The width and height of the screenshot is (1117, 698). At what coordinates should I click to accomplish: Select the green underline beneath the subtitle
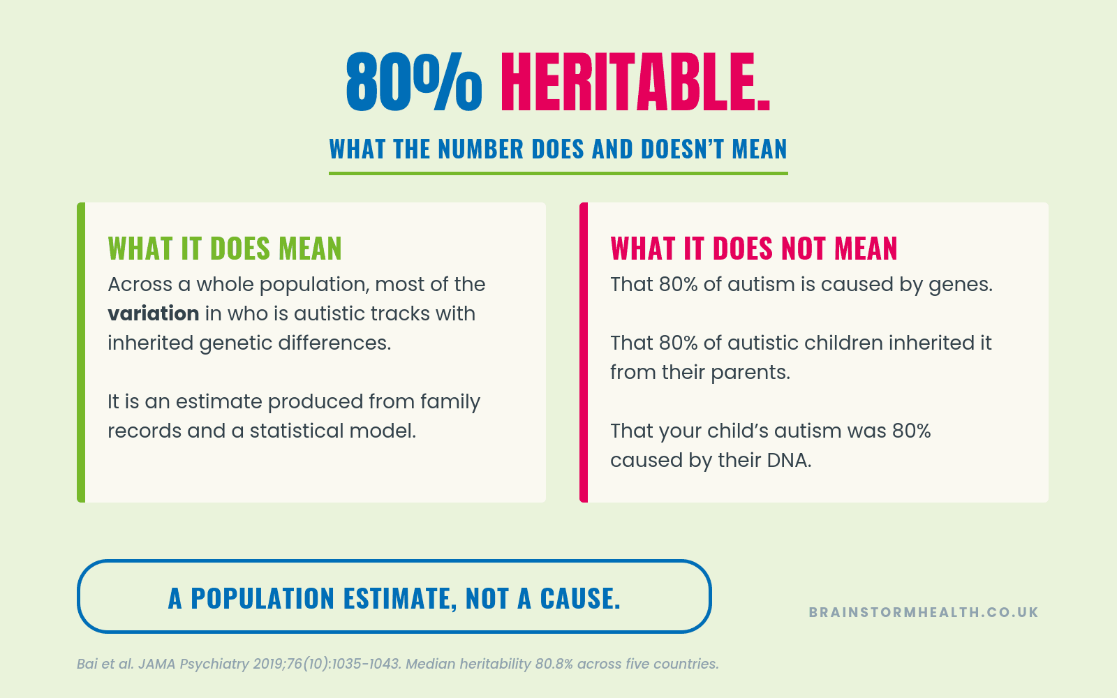(x=558, y=173)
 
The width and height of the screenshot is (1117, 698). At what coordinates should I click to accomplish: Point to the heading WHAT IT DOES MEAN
(x=225, y=248)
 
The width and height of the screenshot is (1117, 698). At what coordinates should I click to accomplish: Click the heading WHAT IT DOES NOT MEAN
(x=754, y=248)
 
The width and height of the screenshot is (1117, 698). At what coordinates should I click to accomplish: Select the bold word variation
(x=154, y=313)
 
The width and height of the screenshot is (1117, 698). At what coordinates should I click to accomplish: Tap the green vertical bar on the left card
(x=81, y=352)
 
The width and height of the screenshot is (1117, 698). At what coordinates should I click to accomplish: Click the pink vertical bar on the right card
(x=584, y=352)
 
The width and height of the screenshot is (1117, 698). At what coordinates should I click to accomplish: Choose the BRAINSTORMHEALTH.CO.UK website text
(x=924, y=612)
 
